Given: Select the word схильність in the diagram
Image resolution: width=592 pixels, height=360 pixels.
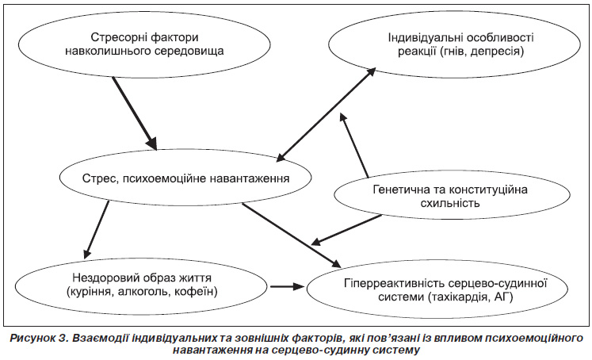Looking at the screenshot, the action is click(449, 203).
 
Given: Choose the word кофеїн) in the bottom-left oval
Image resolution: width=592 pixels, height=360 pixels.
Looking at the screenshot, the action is click(197, 292).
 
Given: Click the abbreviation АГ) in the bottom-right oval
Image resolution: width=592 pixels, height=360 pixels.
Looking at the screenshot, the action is click(504, 297).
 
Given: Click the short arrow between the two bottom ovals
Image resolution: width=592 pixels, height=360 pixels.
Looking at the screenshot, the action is click(287, 286).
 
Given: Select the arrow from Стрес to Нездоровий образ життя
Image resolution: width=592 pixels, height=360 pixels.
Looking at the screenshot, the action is click(96, 230).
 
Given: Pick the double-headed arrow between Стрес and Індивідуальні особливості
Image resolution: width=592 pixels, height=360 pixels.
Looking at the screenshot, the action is click(326, 114).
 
